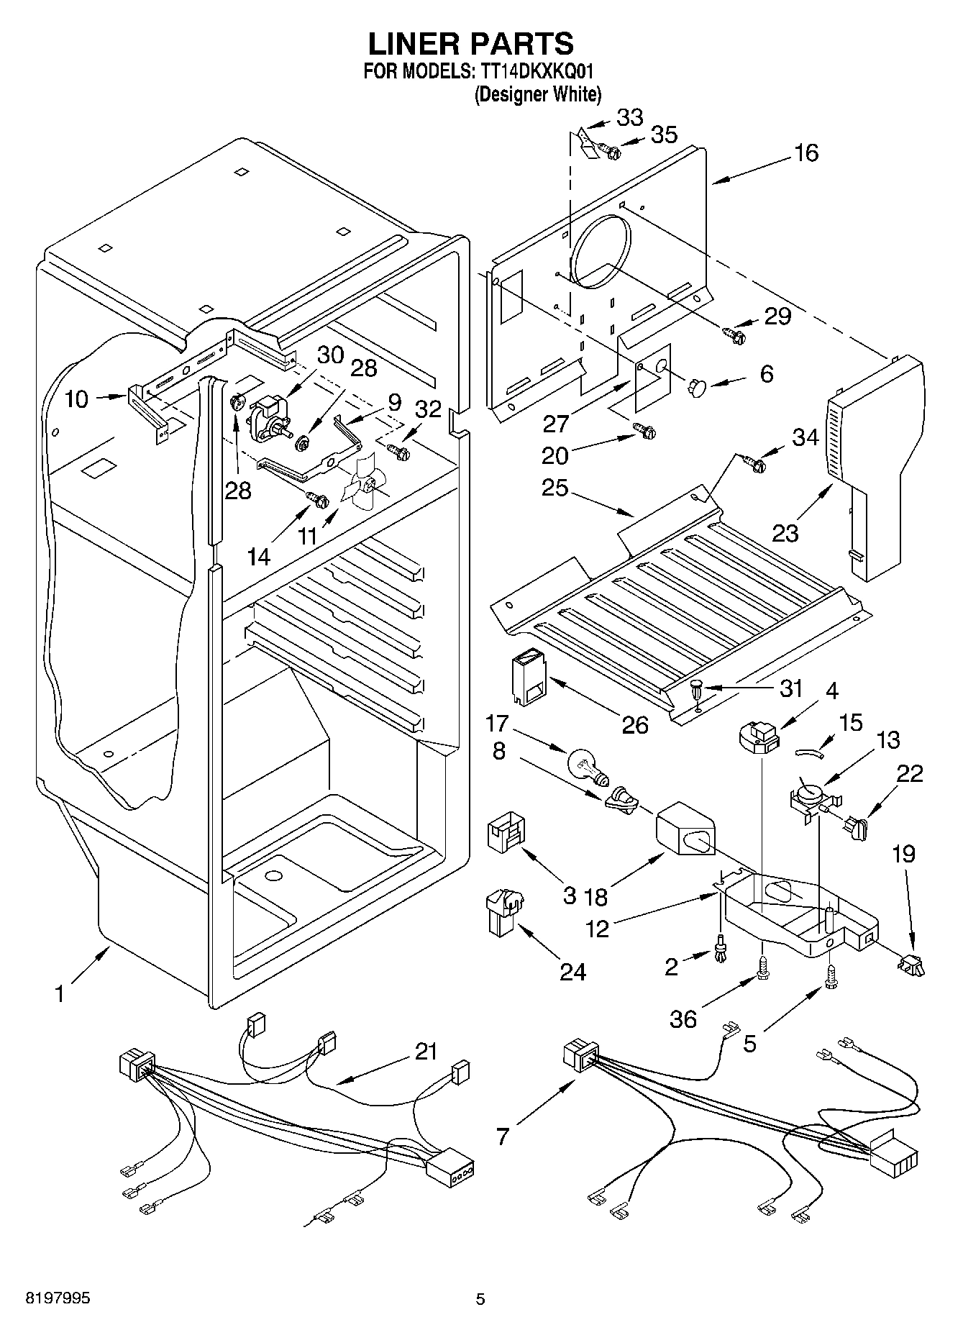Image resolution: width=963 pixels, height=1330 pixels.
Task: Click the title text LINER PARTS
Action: pyautogui.click(x=471, y=43)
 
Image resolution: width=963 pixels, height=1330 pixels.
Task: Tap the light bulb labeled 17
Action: pyautogui.click(x=587, y=766)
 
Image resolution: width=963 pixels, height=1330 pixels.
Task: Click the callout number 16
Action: pyautogui.click(x=806, y=152)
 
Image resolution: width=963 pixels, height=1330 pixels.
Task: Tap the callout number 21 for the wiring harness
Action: pyautogui.click(x=426, y=1052)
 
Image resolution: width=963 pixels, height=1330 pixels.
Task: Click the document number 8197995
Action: pyautogui.click(x=58, y=1298)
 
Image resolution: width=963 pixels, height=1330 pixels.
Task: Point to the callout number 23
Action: pyautogui.click(x=785, y=533)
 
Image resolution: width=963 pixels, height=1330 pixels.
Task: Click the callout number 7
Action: pyautogui.click(x=502, y=1136)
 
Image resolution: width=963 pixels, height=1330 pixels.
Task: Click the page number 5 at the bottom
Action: pyautogui.click(x=480, y=1299)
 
